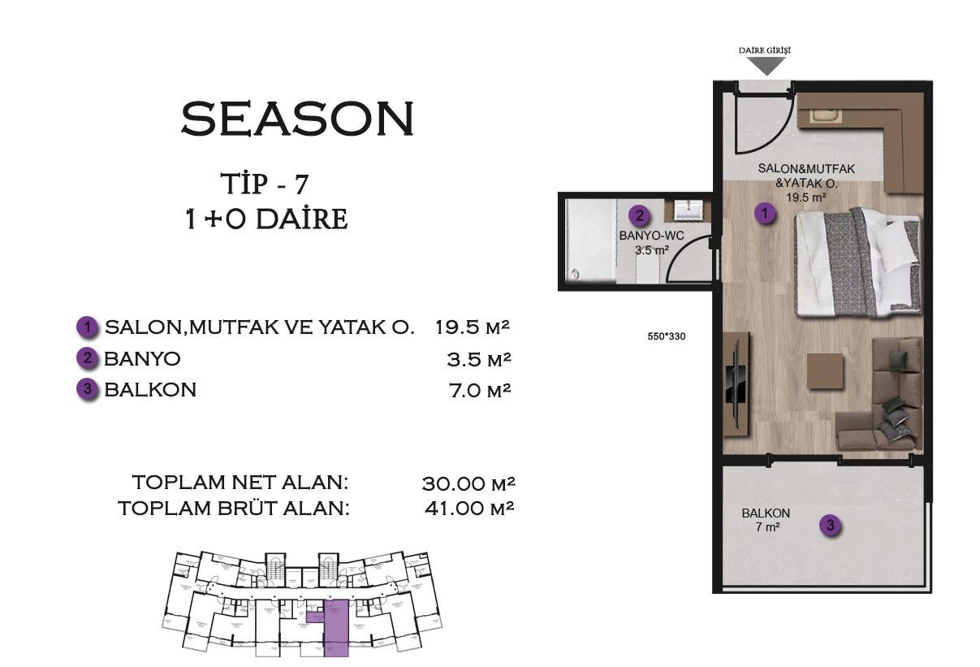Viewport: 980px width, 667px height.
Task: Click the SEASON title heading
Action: [297, 119]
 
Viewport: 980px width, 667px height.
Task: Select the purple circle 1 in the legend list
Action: [88, 327]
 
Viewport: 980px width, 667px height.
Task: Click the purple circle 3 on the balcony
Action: [829, 526]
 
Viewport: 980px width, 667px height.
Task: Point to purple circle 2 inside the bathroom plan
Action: [640, 216]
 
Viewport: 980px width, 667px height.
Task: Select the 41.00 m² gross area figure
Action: [470, 509]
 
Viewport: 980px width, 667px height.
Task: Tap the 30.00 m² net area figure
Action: [469, 483]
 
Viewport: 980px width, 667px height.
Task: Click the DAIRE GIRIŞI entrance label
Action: [764, 50]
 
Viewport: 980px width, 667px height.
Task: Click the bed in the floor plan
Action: [857, 262]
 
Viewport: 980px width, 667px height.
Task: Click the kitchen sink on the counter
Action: [827, 116]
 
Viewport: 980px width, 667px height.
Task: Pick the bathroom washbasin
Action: [691, 210]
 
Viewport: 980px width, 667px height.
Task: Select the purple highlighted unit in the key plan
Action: [335, 626]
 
